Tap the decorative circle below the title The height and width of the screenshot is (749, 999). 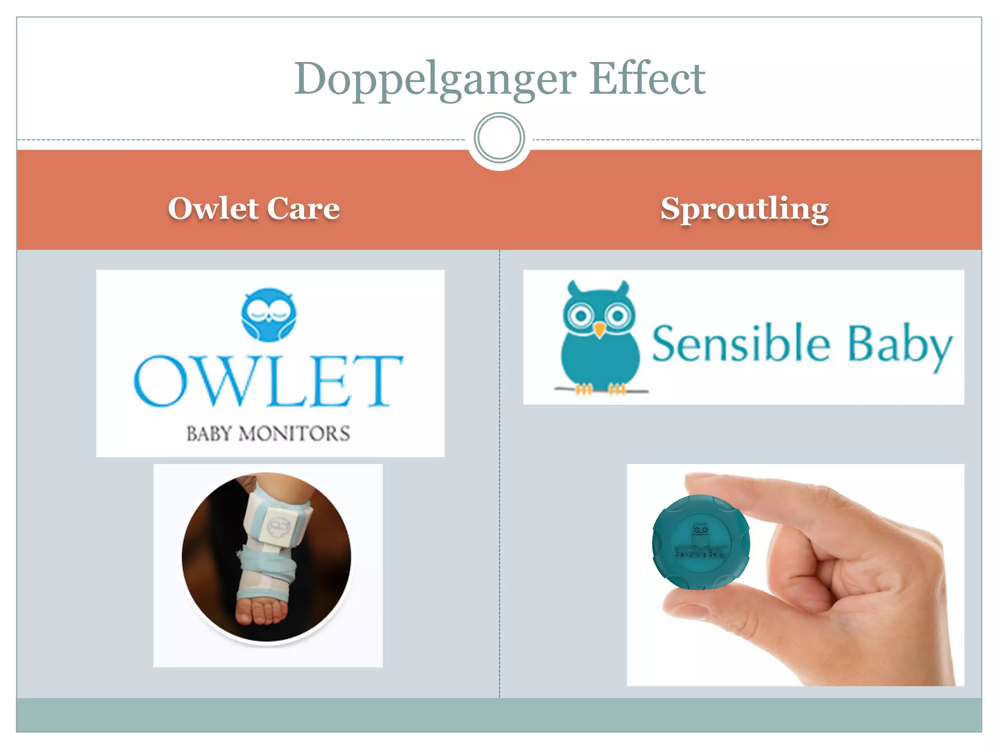(x=499, y=138)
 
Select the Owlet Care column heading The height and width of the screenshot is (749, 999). (x=254, y=208)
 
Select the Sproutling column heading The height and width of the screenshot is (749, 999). (x=744, y=209)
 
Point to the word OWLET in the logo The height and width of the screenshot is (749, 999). (x=268, y=381)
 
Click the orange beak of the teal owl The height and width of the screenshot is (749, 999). (x=599, y=330)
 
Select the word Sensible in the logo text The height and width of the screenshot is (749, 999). (x=740, y=344)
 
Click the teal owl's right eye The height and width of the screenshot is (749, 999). (x=618, y=315)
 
